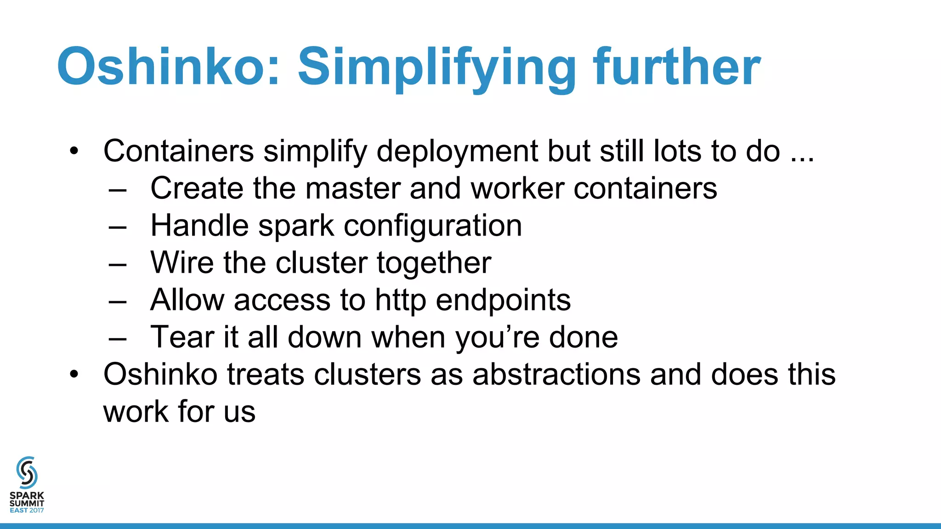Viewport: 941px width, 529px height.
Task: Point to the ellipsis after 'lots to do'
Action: click(x=802, y=159)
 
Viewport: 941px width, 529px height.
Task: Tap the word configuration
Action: click(x=433, y=226)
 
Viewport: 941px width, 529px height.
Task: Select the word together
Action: click(x=434, y=264)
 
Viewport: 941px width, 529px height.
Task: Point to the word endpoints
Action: click(x=503, y=300)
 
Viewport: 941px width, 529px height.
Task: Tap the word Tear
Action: click(x=182, y=337)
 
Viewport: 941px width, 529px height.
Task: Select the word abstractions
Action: click(x=556, y=374)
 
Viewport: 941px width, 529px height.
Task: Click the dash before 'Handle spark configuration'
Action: click(x=118, y=227)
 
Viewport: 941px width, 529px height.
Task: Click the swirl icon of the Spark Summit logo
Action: click(x=27, y=473)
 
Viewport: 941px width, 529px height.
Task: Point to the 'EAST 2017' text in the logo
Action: click(x=27, y=510)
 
